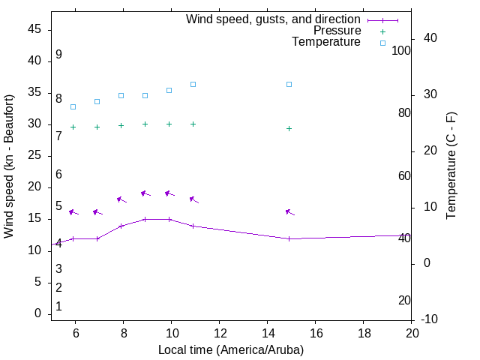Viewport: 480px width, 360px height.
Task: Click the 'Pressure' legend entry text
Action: pos(337,31)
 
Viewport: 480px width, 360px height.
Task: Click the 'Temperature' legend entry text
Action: pos(326,42)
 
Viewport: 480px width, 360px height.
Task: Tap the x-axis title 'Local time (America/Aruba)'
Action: pos(231,349)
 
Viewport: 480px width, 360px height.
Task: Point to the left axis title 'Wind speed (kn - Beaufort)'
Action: pos(9,166)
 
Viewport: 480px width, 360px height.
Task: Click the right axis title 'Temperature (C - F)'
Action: pos(451,166)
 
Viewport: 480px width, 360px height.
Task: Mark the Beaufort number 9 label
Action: pos(58,55)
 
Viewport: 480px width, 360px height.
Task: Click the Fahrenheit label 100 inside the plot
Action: pos(402,50)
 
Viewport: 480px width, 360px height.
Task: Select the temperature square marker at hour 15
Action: pos(289,84)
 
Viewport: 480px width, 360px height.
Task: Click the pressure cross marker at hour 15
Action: pos(289,128)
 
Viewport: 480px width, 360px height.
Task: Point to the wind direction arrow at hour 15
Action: pos(289,213)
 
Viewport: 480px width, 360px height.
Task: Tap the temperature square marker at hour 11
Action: pos(193,84)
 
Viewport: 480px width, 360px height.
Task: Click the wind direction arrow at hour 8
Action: pos(121,199)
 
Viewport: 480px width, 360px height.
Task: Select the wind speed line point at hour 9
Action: pos(145,219)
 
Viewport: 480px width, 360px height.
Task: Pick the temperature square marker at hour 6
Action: pos(73,106)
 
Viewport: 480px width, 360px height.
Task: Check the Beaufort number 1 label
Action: pos(58,306)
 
